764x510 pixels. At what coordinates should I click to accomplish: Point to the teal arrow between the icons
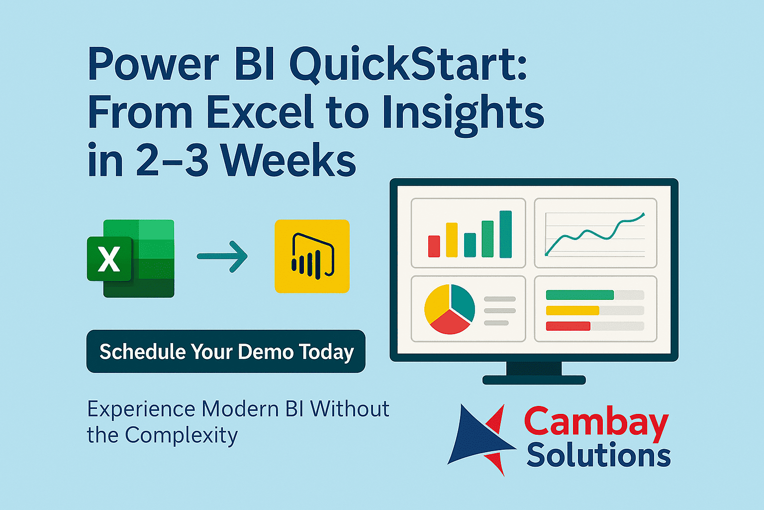point(222,256)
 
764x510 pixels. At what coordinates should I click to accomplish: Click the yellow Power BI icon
point(312,256)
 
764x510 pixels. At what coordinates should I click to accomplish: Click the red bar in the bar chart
point(434,246)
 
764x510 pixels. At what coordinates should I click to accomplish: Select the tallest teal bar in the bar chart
point(505,234)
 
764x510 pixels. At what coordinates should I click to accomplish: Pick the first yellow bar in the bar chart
point(452,240)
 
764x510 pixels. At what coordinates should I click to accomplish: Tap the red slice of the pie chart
point(449,323)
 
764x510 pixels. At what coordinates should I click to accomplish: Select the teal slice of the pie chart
point(463,301)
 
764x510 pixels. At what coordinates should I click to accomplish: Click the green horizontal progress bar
point(579,295)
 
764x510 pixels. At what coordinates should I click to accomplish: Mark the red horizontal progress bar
point(568,326)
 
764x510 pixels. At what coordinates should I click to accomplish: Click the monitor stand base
point(534,380)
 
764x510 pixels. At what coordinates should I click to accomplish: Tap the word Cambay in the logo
point(596,422)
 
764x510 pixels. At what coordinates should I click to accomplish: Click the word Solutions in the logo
point(598,455)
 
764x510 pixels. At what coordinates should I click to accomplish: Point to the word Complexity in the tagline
point(181,436)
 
